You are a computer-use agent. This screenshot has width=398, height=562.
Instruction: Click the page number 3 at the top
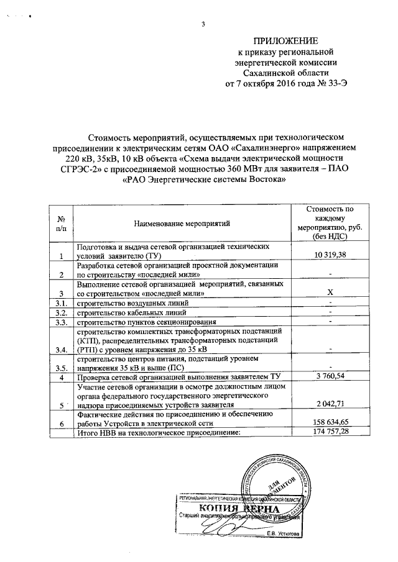tap(203, 24)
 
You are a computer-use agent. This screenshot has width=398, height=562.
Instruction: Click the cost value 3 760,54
tap(330, 377)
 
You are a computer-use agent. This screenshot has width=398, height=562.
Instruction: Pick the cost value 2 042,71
tap(330, 406)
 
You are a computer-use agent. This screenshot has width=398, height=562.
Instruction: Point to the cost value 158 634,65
tap(330, 421)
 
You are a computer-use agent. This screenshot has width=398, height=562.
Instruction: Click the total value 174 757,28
tap(330, 430)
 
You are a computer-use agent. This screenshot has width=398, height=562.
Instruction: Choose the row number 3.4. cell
tap(60, 350)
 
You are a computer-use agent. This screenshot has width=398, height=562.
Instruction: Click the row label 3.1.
tap(60, 302)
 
